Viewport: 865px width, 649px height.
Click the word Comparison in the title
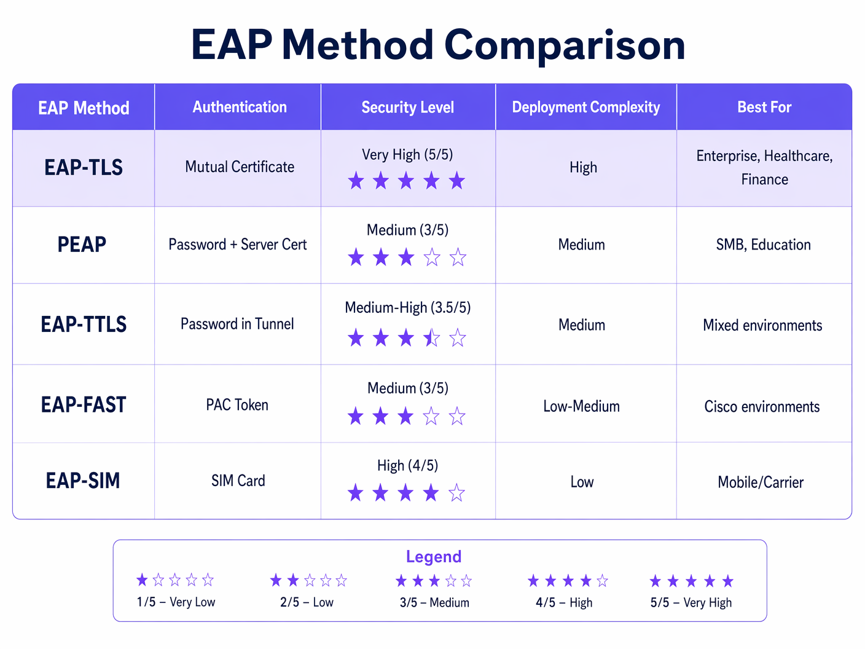(x=564, y=45)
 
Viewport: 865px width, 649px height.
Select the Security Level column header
(x=407, y=108)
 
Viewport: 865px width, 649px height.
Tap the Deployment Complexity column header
(x=585, y=108)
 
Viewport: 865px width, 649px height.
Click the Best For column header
(x=764, y=108)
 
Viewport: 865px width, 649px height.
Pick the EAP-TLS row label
(x=84, y=167)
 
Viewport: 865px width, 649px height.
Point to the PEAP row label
(x=82, y=245)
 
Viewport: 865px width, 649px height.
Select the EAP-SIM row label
(x=83, y=481)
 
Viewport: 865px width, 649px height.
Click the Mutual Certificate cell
(x=240, y=167)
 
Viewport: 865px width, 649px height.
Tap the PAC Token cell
(x=237, y=405)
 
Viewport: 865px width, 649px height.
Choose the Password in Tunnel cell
(x=237, y=324)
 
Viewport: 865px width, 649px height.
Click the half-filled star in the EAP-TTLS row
(x=432, y=338)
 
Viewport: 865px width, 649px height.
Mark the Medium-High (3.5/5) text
(x=407, y=307)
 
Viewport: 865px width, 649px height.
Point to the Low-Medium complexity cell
(x=581, y=406)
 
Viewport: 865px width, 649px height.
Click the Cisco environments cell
(x=762, y=407)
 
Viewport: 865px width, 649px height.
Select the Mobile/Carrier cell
(x=761, y=482)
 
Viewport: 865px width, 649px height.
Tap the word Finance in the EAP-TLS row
(x=764, y=179)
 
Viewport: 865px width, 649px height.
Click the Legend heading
(x=433, y=557)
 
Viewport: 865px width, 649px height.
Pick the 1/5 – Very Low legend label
(x=176, y=602)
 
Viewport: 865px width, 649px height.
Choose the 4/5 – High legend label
(x=564, y=603)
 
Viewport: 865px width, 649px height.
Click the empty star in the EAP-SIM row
(x=456, y=493)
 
